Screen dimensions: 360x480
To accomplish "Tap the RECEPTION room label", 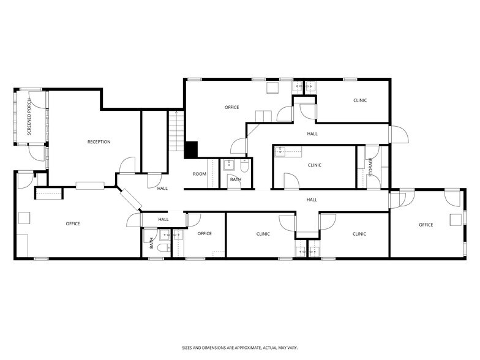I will pos(99,142).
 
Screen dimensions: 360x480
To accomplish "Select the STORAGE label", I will pos(370,167).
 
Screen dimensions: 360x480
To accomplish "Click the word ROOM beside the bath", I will pos(200,174).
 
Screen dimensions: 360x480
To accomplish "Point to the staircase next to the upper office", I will pos(176,130).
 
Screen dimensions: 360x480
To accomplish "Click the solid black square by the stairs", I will pos(192,149).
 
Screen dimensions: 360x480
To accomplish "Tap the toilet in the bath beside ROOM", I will pos(244,165).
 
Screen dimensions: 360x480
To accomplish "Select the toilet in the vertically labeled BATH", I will pos(163,248).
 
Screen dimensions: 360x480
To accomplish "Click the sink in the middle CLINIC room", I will pos(280,151).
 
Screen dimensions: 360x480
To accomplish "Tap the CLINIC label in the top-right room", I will pos(360,100).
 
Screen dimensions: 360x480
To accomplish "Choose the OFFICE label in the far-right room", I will pos(426,225).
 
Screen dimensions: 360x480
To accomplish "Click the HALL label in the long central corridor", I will pos(312,200).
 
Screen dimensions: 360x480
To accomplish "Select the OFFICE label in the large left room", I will pos(73,223).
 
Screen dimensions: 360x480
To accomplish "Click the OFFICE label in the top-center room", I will pos(231,107).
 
